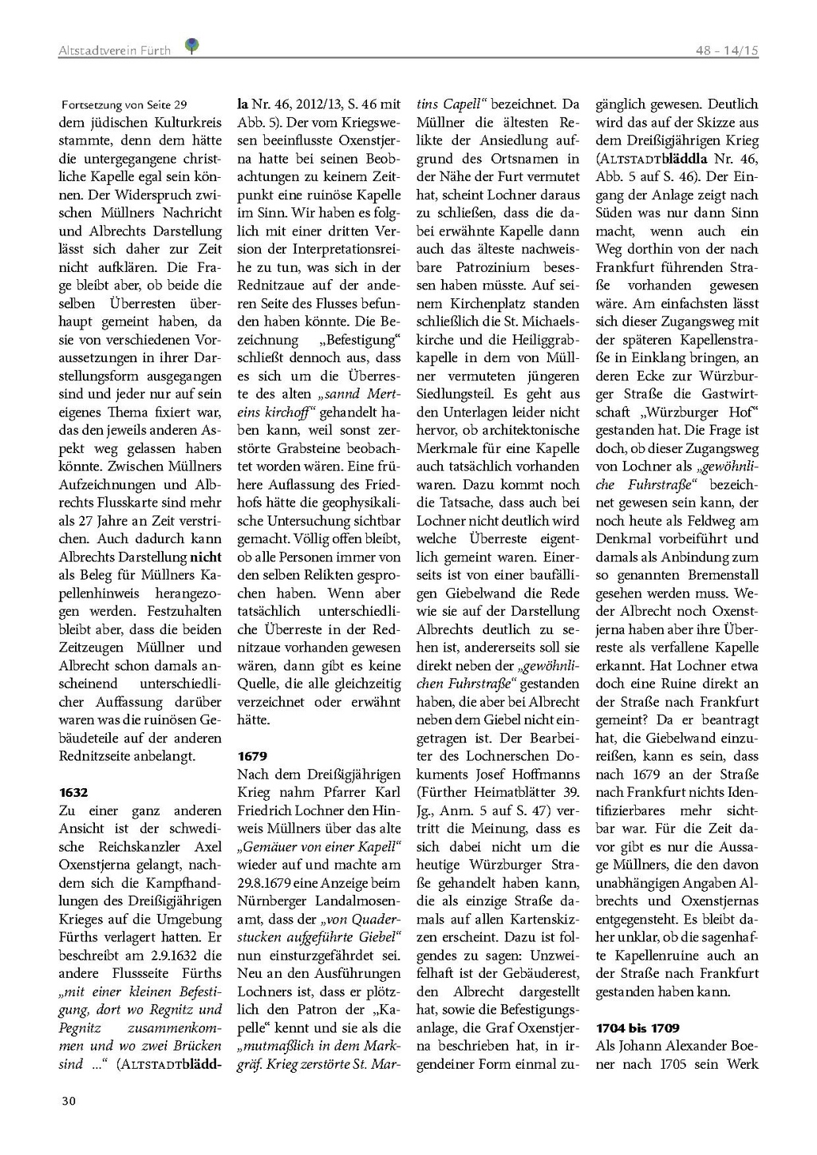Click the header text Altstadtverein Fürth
(x=115, y=50)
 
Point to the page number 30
(x=69, y=1101)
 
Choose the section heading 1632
(x=73, y=792)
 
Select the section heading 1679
(x=252, y=755)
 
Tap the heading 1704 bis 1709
(x=637, y=1027)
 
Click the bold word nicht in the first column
(x=205, y=557)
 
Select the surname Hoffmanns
(x=538, y=774)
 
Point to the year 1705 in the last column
(x=681, y=1063)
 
